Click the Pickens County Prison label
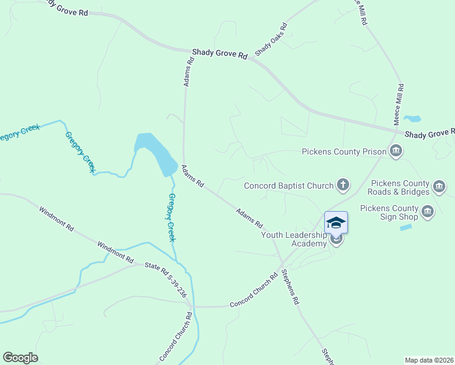point(344,151)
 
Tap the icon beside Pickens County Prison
point(397,151)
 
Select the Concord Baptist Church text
point(289,186)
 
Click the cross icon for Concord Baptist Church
point(343,185)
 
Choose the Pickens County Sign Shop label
point(389,212)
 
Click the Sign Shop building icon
point(428,211)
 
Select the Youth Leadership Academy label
point(294,239)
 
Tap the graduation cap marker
point(336,222)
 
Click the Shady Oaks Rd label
point(271,40)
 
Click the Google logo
point(20,358)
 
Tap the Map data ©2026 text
point(429,360)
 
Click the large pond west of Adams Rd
point(155,152)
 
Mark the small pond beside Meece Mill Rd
point(412,118)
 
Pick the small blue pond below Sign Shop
point(406,228)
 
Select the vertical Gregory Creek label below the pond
point(172,217)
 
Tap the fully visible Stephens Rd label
point(290,287)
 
